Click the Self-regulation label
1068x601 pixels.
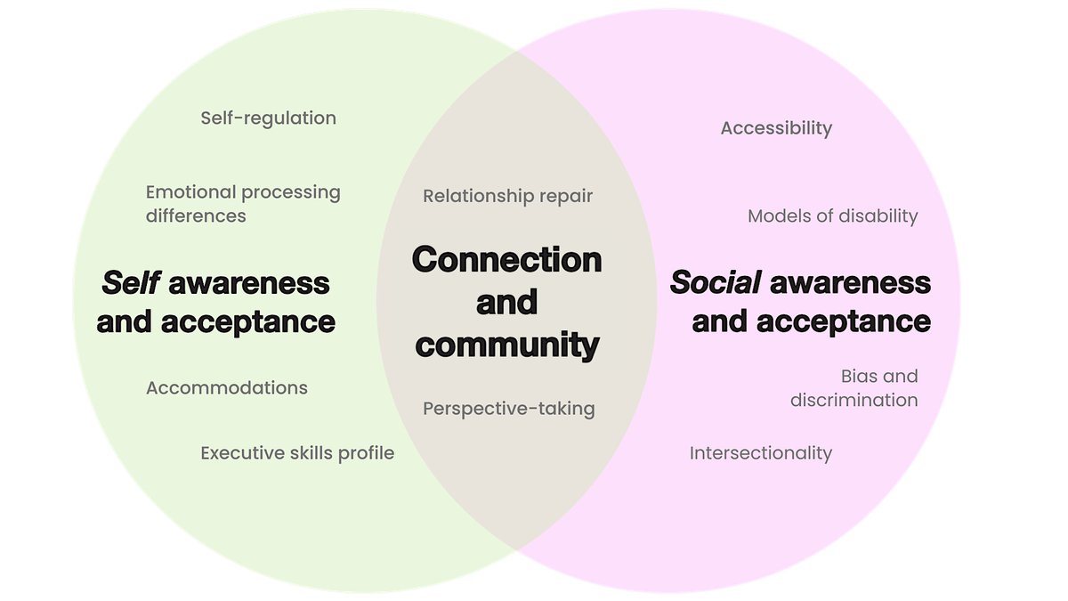(268, 118)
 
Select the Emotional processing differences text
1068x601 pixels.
(242, 203)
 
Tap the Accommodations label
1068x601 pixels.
(226, 387)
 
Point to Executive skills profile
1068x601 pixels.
(296, 452)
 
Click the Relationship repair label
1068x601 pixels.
(507, 195)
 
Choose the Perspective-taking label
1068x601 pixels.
(508, 409)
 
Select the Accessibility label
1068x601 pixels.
(776, 128)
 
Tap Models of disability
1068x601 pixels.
(832, 215)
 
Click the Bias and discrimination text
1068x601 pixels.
(854, 388)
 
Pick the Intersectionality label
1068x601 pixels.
(760, 452)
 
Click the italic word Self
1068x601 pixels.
(130, 283)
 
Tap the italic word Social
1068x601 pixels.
(716, 283)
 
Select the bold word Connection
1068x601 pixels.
(506, 260)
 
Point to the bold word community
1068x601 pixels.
(506, 345)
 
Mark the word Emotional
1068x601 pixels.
(190, 191)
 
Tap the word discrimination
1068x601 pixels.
(854, 400)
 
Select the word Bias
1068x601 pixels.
(860, 376)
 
